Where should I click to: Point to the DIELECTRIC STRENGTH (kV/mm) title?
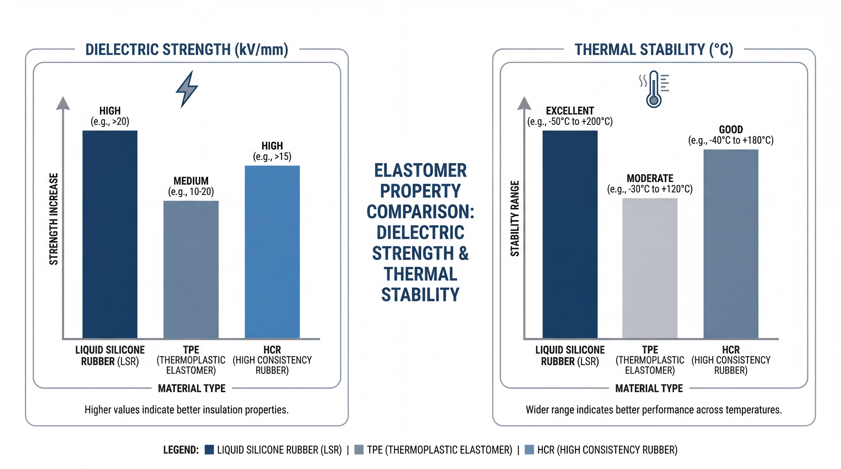pos(187,50)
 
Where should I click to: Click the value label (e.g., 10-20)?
pos(191,191)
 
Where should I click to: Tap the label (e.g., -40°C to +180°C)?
pos(731,140)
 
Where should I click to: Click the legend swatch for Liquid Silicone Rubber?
pos(209,450)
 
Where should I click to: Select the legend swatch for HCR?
pos(529,450)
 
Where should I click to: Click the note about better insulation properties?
pos(187,410)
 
